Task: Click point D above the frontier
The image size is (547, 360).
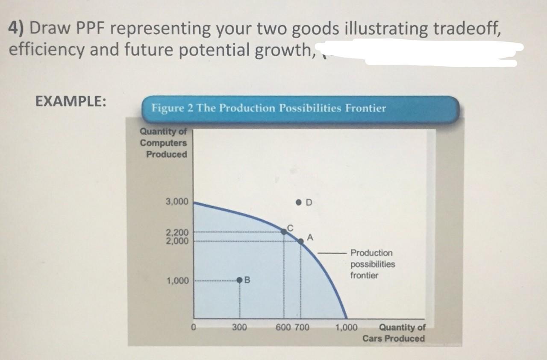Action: coord(299,201)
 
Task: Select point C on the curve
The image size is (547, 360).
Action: coord(283,231)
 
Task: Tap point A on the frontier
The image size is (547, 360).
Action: coord(301,241)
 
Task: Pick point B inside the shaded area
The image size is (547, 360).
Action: coord(240,280)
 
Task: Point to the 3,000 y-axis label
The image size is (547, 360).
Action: coord(177,201)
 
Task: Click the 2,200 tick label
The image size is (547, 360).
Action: coord(177,233)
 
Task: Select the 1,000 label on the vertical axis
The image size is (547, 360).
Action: coord(177,281)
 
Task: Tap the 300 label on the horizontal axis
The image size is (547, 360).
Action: coord(239,328)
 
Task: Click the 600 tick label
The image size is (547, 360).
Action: coord(284,328)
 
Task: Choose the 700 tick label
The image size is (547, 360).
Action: coord(302,328)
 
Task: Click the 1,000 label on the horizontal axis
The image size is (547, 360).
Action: coord(346,328)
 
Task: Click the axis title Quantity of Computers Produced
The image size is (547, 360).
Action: coord(164,143)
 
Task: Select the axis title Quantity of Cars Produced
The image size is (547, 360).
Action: coord(394,333)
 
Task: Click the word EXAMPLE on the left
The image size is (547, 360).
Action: coord(71,102)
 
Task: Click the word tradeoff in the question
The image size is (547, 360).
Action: coord(466,28)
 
